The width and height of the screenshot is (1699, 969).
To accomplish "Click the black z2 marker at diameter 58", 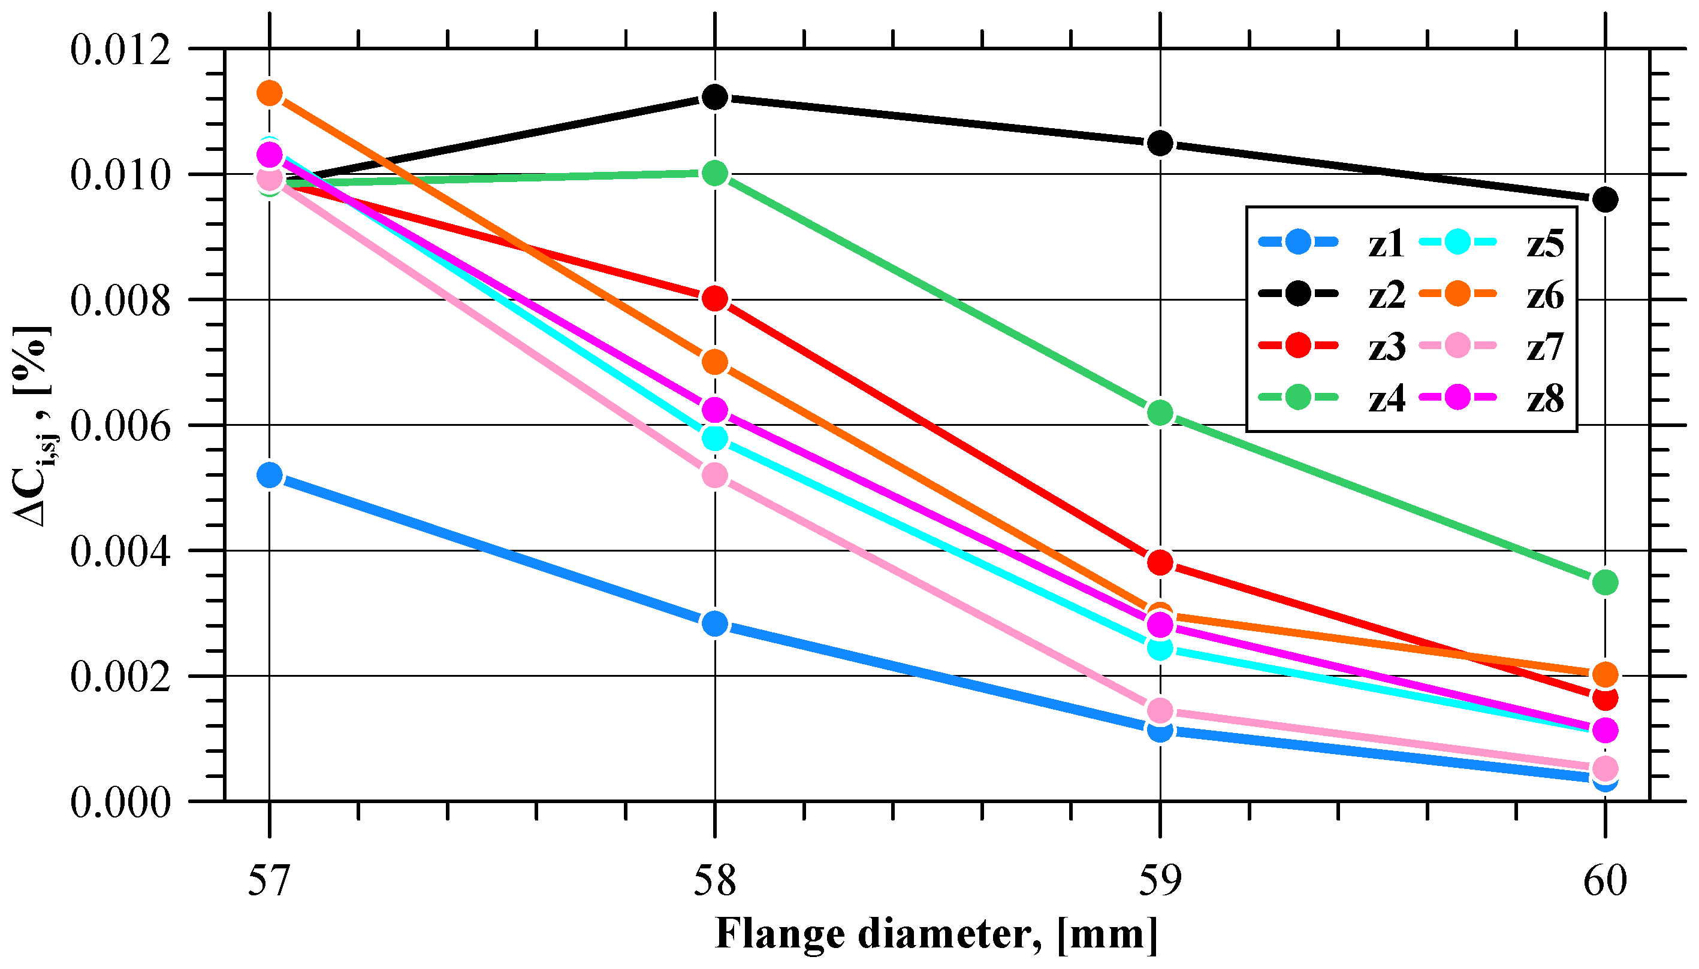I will tap(714, 97).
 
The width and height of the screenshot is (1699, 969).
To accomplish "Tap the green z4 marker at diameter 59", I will tap(1160, 413).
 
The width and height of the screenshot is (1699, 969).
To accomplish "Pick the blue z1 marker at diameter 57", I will tap(270, 475).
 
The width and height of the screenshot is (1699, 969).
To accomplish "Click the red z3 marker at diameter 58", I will tap(714, 299).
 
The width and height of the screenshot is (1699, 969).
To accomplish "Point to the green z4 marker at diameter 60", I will tap(1605, 582).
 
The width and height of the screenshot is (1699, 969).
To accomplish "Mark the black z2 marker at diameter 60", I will tap(1605, 199).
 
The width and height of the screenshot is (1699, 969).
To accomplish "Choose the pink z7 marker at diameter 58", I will tap(714, 475).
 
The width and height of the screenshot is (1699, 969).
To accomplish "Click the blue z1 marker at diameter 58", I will tap(714, 623).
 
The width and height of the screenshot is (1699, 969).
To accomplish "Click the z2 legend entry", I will tap(1332, 294).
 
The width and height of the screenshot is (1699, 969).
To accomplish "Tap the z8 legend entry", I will tap(1491, 398).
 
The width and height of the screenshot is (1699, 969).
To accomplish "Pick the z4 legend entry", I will tap(1332, 398).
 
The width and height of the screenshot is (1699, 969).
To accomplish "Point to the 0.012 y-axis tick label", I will tap(120, 50).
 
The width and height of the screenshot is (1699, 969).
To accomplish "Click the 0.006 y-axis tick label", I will tap(120, 426).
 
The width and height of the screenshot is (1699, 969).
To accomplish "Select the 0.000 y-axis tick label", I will tap(120, 802).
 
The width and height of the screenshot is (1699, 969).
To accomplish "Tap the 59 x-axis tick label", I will tap(1160, 880).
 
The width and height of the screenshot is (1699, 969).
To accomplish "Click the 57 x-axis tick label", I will tap(270, 880).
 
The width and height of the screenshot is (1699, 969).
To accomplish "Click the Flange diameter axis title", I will tap(936, 934).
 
